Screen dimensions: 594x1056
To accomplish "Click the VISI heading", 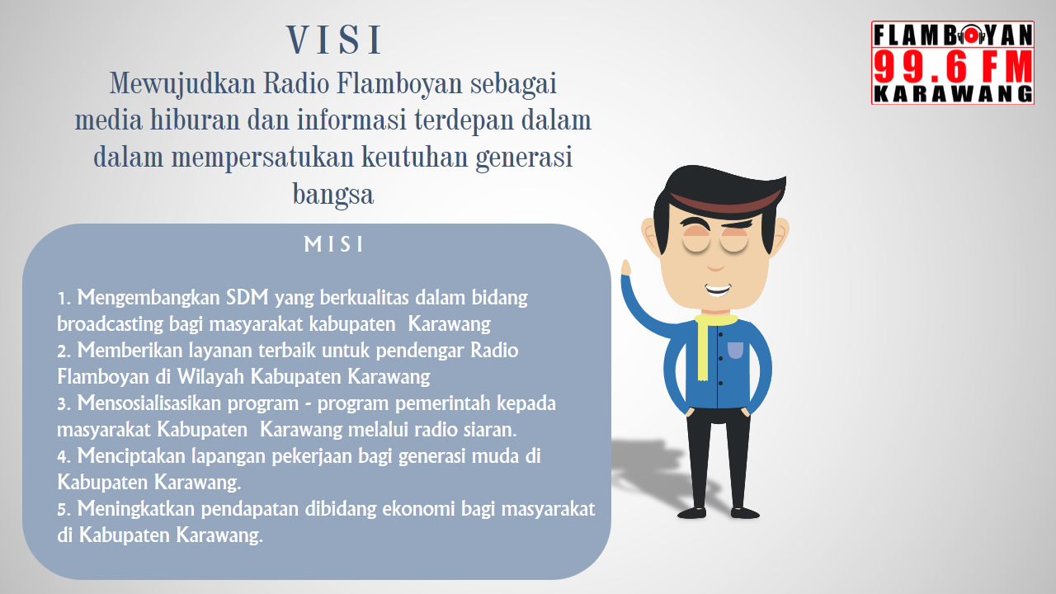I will coord(334,40).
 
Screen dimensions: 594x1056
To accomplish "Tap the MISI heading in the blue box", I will coord(334,245).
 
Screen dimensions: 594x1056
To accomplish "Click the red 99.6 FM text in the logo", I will coord(953,64).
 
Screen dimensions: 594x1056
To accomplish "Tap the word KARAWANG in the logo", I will coord(953,94).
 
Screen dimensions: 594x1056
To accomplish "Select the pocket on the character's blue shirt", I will coord(735,350).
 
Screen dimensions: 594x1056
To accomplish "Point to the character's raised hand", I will coord(626,269).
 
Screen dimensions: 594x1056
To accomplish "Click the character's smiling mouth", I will coord(717,290).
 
